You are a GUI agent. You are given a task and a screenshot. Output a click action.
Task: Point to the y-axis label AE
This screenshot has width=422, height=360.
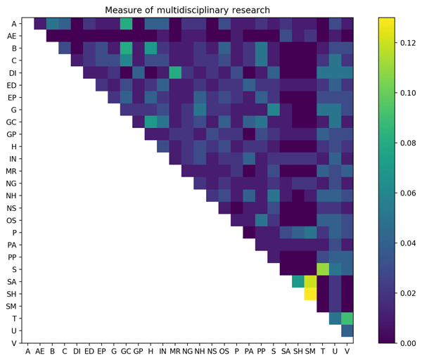[x=12, y=35]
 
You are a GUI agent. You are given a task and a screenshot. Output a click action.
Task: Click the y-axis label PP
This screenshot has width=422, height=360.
[x=12, y=257]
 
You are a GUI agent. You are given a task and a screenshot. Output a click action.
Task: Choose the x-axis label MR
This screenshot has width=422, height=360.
[x=175, y=350]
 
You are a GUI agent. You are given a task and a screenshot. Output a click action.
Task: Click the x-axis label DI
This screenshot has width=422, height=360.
[x=77, y=350]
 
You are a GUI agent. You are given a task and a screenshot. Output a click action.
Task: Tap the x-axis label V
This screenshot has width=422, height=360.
[x=347, y=350]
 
